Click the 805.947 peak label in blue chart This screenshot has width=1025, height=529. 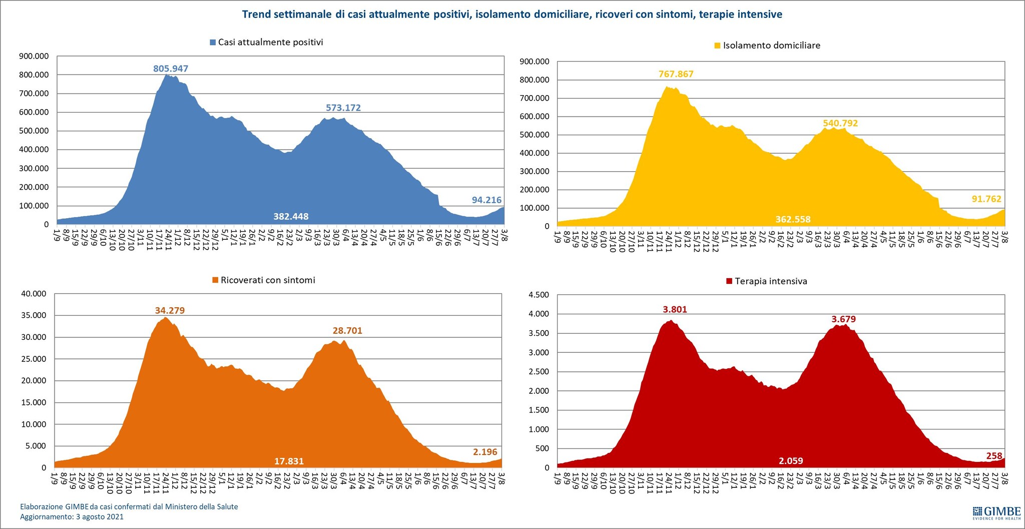[171, 69]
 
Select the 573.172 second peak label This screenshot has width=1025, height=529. [343, 108]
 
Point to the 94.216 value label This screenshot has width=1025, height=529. [486, 200]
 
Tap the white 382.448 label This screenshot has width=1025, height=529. [291, 216]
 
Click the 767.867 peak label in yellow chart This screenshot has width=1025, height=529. [676, 74]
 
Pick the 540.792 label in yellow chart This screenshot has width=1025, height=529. [840, 123]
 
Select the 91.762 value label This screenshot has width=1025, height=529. [986, 199]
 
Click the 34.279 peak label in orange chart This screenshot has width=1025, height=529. [170, 310]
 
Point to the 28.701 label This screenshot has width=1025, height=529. [347, 330]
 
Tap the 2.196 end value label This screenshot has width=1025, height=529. [485, 452]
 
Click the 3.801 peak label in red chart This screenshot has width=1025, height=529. [675, 309]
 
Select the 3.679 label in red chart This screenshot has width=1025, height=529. [843, 319]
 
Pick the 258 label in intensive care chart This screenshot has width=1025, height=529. [994, 456]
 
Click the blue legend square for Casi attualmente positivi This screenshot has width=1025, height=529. [213, 43]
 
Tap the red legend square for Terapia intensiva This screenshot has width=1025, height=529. [729, 281]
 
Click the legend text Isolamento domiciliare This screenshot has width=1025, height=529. [771, 46]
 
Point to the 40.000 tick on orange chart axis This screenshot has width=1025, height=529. [34, 294]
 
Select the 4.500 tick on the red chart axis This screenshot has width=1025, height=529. [539, 295]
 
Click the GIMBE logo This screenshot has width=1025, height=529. [996, 513]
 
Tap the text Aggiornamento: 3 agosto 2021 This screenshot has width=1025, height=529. [72, 516]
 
